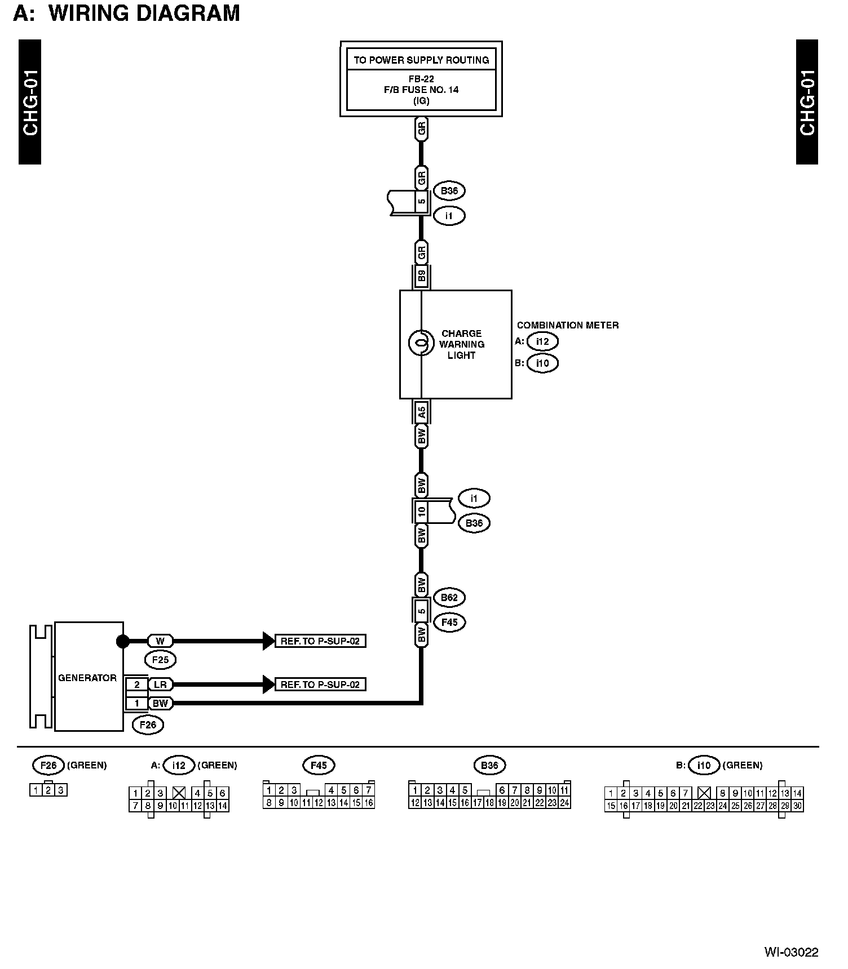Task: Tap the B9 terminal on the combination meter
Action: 421,277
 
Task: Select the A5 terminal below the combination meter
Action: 421,413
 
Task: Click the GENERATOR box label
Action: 87,678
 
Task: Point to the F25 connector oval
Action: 160,659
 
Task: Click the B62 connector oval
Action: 449,597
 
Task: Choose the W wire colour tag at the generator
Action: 160,641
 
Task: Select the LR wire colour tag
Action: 160,684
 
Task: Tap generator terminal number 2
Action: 136,684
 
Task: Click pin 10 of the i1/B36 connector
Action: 421,512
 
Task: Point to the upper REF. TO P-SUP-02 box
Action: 320,641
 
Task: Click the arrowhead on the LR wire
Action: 268,684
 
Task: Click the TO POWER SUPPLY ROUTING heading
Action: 421,60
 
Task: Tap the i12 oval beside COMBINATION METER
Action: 542,341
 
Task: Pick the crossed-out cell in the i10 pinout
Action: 703,793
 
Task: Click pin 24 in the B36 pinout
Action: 564,803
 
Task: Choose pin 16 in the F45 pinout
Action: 369,803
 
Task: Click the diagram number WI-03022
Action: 791,952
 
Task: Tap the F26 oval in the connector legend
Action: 48,765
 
